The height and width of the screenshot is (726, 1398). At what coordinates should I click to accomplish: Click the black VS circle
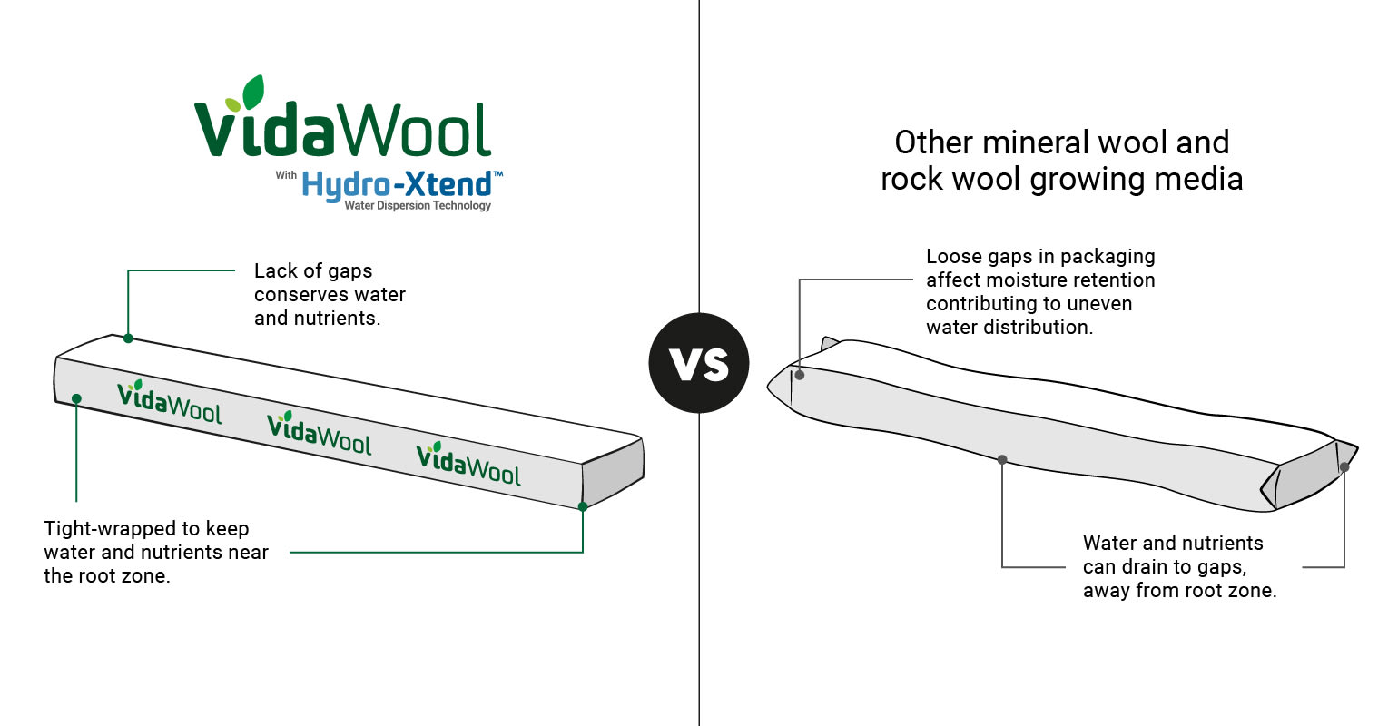point(699,363)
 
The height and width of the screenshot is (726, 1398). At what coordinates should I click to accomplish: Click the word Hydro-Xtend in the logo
point(397,184)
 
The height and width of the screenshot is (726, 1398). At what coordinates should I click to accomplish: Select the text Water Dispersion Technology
point(418,206)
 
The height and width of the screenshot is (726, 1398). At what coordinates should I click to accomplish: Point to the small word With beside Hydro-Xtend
point(286,175)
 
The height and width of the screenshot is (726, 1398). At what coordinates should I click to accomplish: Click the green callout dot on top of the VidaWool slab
point(128,338)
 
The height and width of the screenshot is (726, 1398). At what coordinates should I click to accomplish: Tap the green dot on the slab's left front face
point(77,398)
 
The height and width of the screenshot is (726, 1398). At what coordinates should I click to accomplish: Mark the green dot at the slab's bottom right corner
point(583,506)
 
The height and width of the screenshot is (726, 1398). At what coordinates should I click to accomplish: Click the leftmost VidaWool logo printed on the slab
point(169,403)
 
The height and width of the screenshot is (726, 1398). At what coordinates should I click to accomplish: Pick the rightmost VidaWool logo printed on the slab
point(468,465)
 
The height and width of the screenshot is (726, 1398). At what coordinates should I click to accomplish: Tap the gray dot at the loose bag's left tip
point(800,375)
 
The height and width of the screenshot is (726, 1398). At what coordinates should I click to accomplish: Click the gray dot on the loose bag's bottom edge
point(1002,460)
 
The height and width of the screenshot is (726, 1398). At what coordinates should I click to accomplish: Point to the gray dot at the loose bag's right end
point(1344,467)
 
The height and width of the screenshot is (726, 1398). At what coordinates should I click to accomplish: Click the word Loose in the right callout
point(952,257)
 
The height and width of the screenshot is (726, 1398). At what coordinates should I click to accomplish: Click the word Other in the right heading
point(934,142)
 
